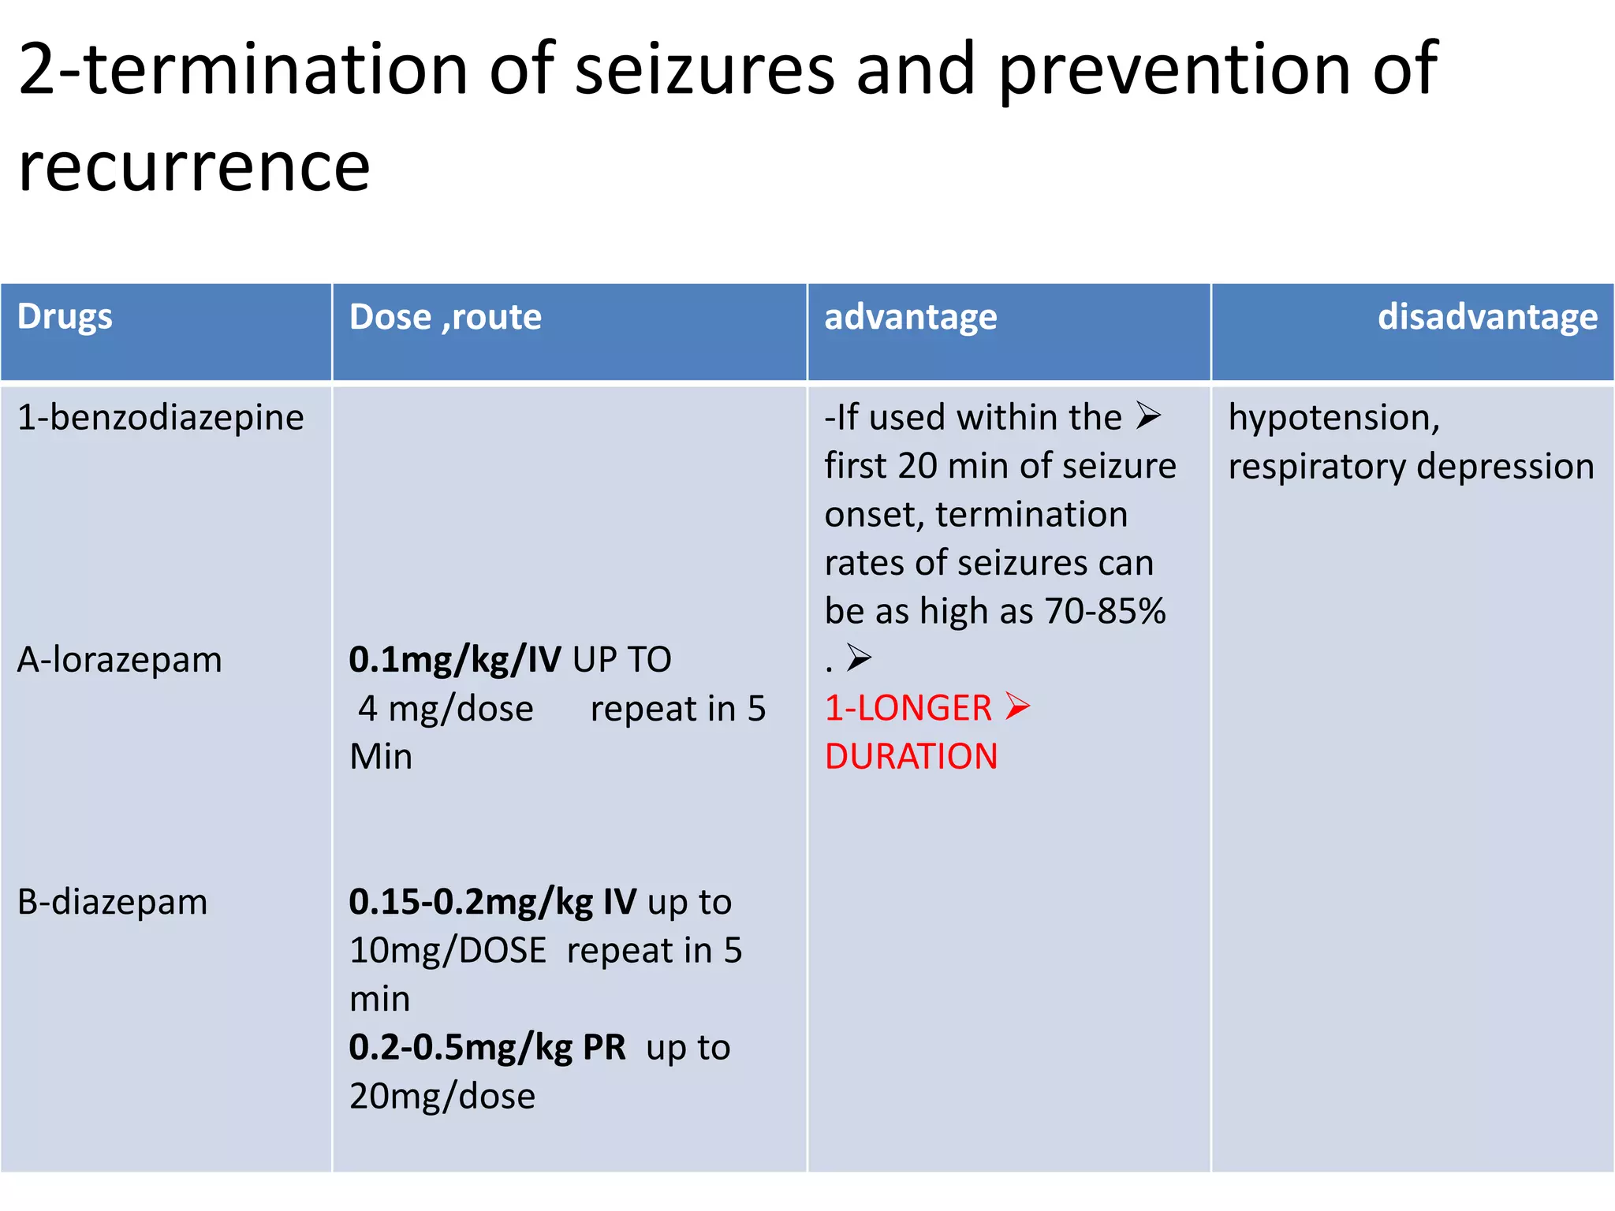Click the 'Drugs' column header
coord(65,317)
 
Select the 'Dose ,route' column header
coord(445,317)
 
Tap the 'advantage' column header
coord(910,317)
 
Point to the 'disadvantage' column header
coord(1486,317)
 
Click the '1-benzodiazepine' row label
coord(160,417)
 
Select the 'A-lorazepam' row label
coord(119,659)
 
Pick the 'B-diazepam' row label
coord(112,901)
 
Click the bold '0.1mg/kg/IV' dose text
coord(454,659)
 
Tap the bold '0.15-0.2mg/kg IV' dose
coord(492,901)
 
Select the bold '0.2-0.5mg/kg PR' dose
coord(487,1047)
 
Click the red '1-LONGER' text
coord(908,708)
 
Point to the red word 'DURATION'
coord(911,756)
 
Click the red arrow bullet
coord(1018,706)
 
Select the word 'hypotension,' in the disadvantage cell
coord(1333,417)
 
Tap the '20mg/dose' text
coord(442,1096)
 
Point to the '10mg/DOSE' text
coord(447,950)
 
